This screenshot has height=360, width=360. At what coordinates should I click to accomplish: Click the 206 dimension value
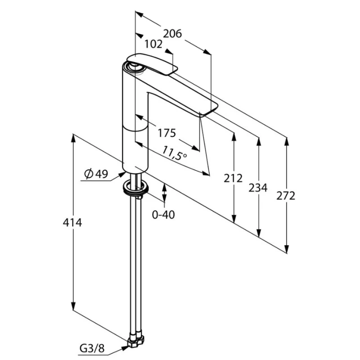coord(172,34)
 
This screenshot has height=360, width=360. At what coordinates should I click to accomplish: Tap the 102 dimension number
coord(153,44)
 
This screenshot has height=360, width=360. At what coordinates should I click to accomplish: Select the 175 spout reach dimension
coord(166,133)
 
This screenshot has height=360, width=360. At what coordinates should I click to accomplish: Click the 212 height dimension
coord(233,178)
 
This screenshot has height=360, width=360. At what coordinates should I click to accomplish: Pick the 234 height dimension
coord(258,188)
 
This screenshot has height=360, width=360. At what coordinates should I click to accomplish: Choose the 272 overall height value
coord(286,196)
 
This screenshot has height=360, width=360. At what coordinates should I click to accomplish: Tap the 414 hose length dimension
coord(72,223)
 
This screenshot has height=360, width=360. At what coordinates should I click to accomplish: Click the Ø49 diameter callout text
coord(96,174)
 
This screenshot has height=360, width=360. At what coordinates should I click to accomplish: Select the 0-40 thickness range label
coord(163,215)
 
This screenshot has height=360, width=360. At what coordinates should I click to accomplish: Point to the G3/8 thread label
coord(92,348)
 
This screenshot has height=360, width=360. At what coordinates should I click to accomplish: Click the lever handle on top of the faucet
coord(152,64)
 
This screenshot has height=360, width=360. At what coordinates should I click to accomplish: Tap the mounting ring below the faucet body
coord(136,188)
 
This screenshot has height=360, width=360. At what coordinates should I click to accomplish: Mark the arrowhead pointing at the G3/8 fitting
coord(125,348)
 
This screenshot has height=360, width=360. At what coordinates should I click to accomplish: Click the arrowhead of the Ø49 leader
coord(122,175)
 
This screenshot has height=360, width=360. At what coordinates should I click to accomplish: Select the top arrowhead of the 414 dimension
coord(73,138)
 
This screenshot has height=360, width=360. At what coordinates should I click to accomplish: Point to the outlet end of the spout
coord(208,110)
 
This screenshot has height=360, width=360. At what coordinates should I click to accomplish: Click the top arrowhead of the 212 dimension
coord(234,137)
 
